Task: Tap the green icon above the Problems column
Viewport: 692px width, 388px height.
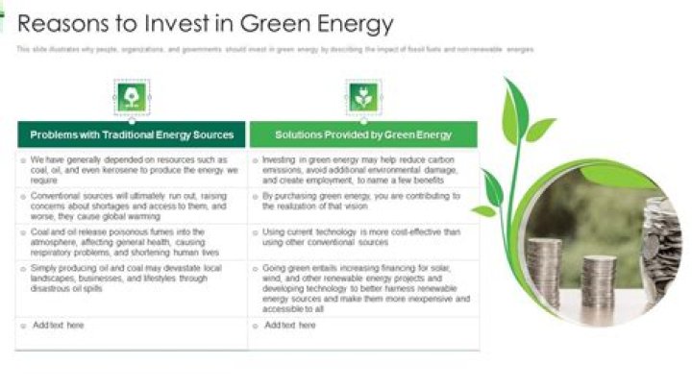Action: [x=131, y=96]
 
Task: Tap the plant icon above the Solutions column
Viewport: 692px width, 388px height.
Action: [x=362, y=96]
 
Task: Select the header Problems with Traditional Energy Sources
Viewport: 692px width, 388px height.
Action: [x=132, y=134]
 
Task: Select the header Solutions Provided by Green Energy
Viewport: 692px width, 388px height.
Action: [x=363, y=134]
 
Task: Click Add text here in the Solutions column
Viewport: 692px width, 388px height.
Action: [x=289, y=326]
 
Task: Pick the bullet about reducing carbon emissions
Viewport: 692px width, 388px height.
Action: [x=360, y=169]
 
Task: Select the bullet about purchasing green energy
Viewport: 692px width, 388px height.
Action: [x=360, y=200]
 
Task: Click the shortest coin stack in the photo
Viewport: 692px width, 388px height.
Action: [x=598, y=279]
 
